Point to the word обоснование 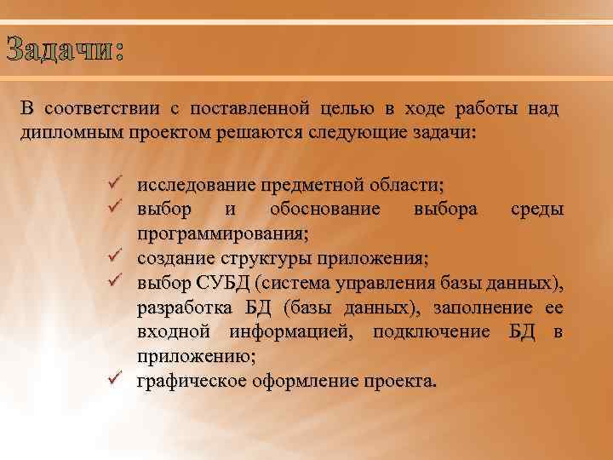click(x=323, y=209)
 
